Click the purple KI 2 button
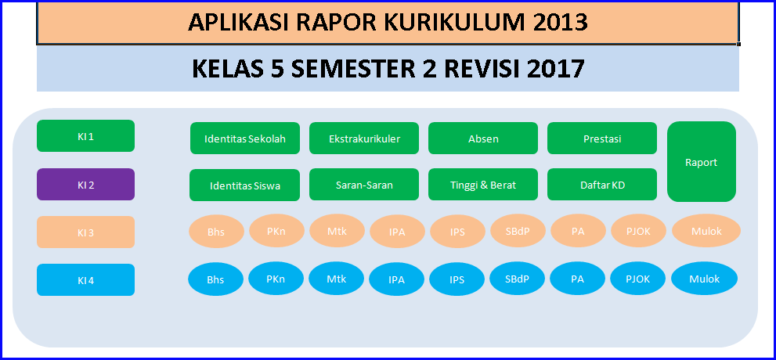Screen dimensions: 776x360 (x=85, y=185)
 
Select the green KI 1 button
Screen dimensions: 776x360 (x=85, y=136)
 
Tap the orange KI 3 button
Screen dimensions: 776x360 (x=85, y=232)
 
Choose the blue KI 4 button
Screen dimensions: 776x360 (x=85, y=280)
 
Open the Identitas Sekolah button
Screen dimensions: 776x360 (x=245, y=139)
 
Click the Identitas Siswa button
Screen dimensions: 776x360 (x=244, y=185)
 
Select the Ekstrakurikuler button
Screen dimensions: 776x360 (x=364, y=139)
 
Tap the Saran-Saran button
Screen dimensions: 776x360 (x=364, y=185)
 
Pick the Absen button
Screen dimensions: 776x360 (x=483, y=139)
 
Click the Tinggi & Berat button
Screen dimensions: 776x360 (x=483, y=185)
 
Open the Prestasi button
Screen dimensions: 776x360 (x=602, y=139)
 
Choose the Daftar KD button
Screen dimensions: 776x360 (x=602, y=185)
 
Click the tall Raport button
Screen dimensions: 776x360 (x=702, y=162)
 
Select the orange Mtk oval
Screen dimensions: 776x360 (x=337, y=230)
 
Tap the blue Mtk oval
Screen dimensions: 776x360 (x=337, y=279)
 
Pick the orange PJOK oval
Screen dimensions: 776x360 (x=639, y=230)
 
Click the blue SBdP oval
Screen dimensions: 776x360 (x=517, y=279)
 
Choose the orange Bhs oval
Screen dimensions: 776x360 (x=216, y=232)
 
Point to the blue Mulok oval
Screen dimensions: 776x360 (x=704, y=279)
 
